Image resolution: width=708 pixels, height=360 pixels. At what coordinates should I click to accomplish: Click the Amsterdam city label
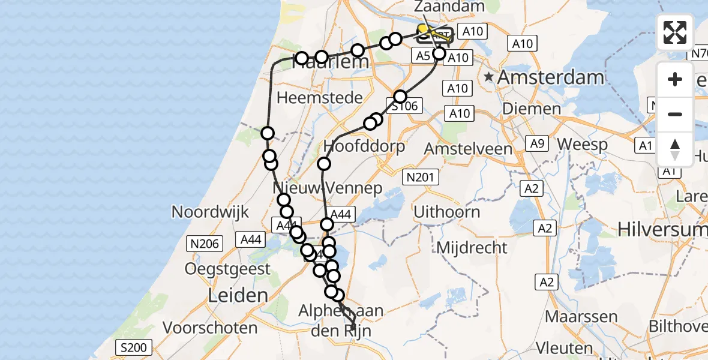coord(550,77)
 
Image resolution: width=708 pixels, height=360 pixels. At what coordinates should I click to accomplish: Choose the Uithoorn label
coord(446,211)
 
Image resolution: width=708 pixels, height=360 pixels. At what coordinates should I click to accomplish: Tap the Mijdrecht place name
coord(472,247)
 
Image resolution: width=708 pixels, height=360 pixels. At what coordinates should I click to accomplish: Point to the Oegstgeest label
coord(227,269)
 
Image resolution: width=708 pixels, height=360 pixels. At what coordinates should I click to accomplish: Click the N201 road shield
coord(421,177)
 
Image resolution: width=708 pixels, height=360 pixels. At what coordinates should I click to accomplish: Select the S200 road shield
coord(134,347)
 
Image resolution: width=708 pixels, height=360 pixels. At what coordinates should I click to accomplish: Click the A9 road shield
coord(536,143)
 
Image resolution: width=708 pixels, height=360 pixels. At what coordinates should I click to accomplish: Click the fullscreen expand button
coord(675,32)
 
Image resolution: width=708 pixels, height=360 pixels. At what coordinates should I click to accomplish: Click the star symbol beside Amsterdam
coord(490,77)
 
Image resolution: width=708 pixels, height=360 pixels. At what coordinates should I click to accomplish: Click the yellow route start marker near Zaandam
coord(423,29)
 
